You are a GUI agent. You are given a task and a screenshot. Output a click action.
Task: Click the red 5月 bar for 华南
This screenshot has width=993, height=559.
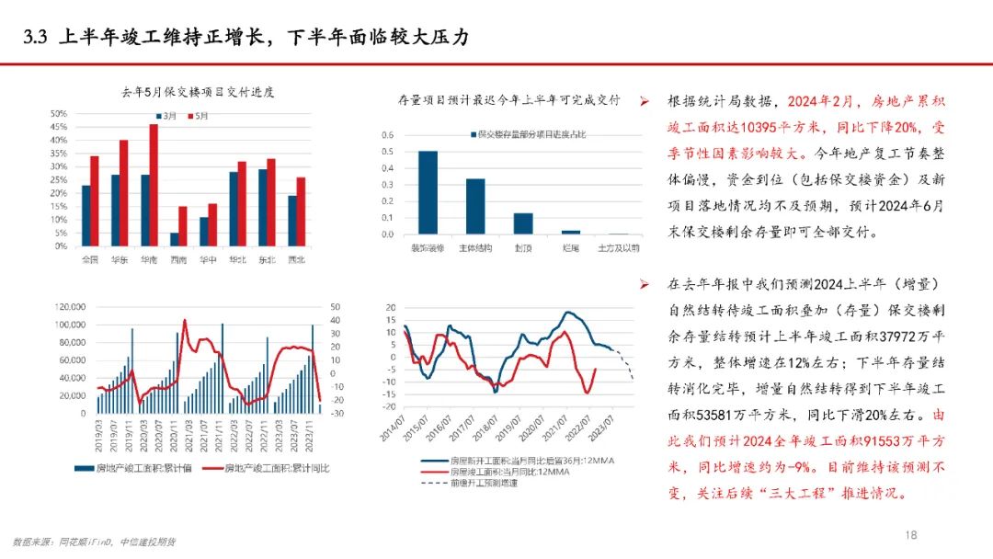point(154,185)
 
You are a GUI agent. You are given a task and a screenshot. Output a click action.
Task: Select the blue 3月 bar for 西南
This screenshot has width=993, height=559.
point(175,239)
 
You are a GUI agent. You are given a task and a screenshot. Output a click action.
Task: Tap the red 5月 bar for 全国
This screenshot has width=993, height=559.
point(94,201)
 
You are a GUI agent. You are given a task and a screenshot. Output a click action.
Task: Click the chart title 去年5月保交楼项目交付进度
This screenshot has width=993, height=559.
point(199,92)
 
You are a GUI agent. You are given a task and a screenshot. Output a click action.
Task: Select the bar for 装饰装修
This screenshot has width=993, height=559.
point(428,192)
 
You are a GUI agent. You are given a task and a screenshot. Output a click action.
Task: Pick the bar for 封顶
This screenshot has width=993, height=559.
point(523,223)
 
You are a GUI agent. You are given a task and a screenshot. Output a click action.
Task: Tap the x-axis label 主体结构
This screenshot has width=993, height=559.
point(474,248)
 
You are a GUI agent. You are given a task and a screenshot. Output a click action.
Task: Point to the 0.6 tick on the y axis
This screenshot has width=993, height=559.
point(387,134)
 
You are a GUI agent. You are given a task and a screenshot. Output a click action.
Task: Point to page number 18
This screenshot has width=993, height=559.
point(911,534)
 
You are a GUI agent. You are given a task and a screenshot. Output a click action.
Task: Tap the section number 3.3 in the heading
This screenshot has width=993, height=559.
point(36,38)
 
